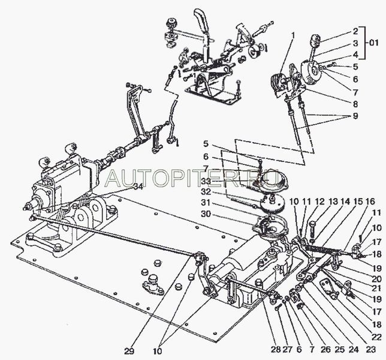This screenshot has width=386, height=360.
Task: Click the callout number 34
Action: (138, 187)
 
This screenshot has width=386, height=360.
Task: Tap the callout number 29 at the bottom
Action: (129, 351)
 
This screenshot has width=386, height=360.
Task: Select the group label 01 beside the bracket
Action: (373, 43)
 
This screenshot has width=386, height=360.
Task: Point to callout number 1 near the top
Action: (292, 36)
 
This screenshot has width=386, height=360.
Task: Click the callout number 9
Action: (355, 116)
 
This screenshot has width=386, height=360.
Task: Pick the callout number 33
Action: (206, 181)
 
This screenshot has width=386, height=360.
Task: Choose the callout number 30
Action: (206, 214)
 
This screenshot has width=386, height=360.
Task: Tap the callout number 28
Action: (276, 349)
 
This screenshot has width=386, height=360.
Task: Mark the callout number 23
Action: (371, 349)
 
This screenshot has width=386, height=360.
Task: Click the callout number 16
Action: (370, 202)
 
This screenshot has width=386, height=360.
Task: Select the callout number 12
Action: (320, 202)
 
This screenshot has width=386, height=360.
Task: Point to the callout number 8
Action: (355, 104)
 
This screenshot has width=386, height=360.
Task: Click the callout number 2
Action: (355, 31)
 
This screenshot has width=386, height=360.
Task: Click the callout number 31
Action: (206, 203)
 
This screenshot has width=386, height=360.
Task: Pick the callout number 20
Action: (376, 278)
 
